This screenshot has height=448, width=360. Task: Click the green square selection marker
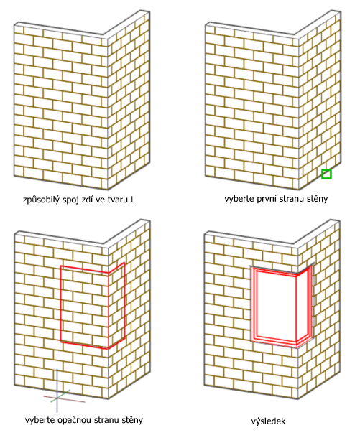tap(326, 174)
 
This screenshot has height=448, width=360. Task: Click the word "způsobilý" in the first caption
tap(42, 199)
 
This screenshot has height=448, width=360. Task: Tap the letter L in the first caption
tap(133, 199)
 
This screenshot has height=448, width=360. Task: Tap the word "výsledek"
tap(269, 421)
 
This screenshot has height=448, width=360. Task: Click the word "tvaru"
tap(118, 199)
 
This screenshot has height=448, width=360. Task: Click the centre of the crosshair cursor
tap(57, 398)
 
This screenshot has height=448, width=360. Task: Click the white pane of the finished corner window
tap(276, 305)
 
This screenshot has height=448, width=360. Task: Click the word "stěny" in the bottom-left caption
tap(132, 420)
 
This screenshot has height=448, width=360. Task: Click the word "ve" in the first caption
tap(101, 199)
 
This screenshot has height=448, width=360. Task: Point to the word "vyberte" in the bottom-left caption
tap(40, 420)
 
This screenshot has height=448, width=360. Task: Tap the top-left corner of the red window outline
tap(61, 266)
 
